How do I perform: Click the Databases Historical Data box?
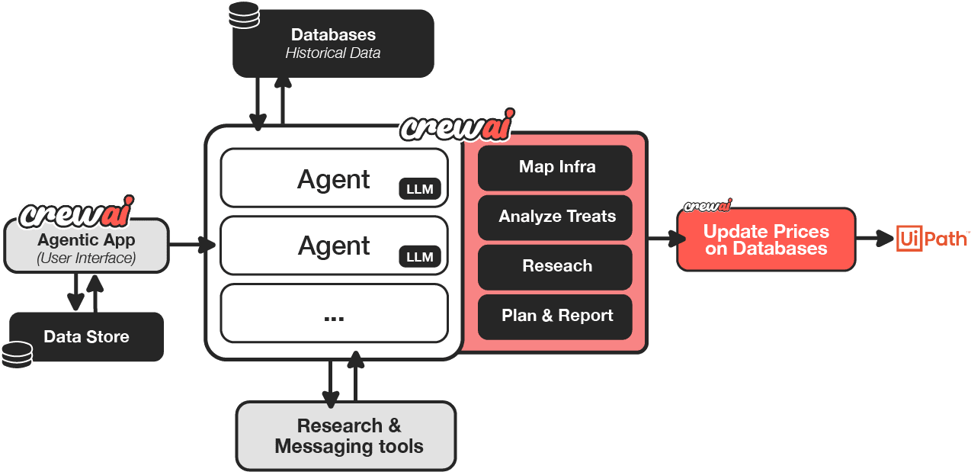coord(333,43)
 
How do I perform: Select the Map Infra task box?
coord(555,167)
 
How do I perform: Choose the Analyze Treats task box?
coord(555,217)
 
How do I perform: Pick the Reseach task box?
coord(555,266)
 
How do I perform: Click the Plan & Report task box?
coord(555,316)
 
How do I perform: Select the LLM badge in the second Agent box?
coord(419,257)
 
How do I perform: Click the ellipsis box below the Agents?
coord(334,313)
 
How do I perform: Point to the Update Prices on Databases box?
coord(766,239)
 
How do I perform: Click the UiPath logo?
coord(931,239)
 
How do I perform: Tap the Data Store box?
coord(86,337)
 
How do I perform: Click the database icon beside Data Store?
coord(17,355)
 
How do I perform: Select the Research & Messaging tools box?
coord(347,436)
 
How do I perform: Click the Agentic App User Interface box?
coord(86,246)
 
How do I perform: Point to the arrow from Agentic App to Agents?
coord(191,245)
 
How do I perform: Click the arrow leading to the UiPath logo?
coord(874,239)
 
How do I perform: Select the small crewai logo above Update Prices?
coord(707,205)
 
